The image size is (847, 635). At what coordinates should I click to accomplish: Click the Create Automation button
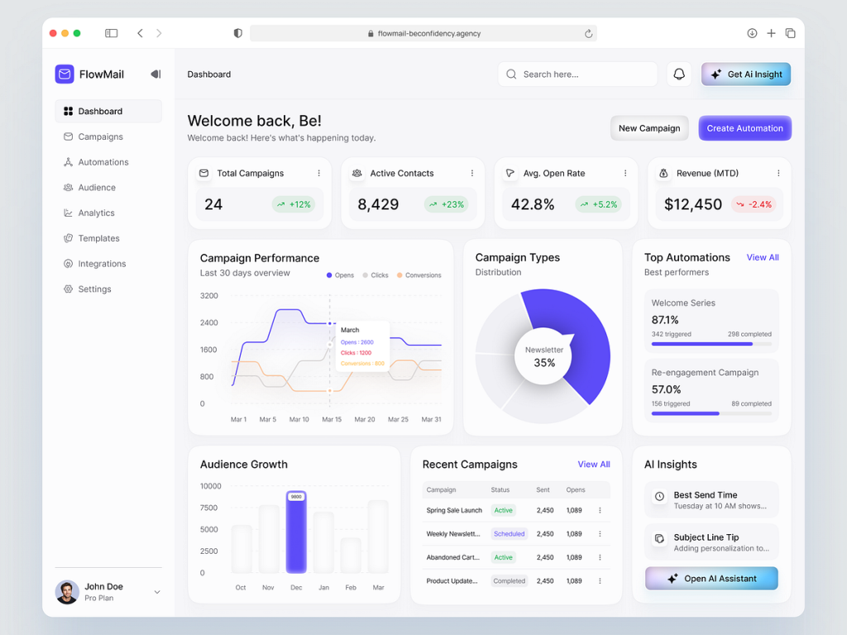click(744, 128)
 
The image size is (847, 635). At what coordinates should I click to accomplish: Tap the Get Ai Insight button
click(746, 74)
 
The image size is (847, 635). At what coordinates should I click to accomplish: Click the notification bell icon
click(679, 74)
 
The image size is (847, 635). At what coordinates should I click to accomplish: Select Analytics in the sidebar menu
click(96, 213)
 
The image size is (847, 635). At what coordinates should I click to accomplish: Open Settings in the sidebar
click(94, 289)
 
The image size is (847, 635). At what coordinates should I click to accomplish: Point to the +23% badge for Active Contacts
click(446, 204)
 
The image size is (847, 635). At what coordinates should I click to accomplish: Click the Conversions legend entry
click(419, 275)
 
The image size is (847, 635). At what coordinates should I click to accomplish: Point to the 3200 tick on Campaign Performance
click(209, 296)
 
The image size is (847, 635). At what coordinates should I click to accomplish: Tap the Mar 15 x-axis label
click(332, 420)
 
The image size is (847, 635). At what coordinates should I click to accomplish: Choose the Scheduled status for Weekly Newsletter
click(509, 534)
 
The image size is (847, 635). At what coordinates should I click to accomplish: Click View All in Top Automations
click(763, 258)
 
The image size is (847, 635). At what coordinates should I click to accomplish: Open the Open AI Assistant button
click(711, 579)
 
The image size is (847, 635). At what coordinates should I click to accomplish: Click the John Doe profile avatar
click(67, 592)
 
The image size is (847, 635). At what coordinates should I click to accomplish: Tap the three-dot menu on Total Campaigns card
click(318, 174)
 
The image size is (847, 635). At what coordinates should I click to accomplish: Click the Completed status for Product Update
click(509, 581)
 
